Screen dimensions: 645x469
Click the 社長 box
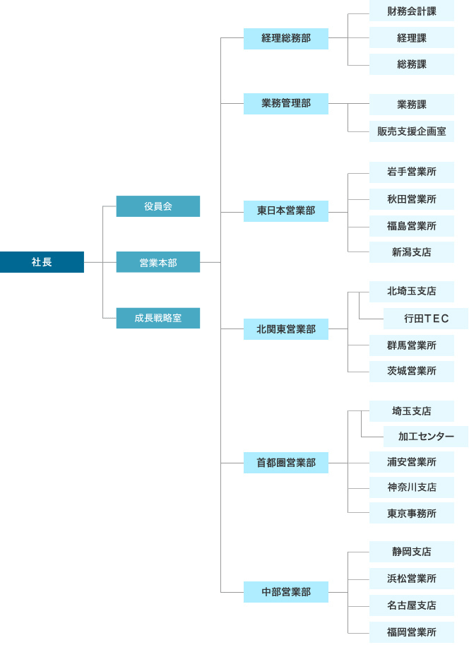pyautogui.click(x=42, y=262)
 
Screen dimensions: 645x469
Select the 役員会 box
pyautogui.click(x=158, y=206)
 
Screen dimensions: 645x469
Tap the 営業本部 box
pyautogui.click(x=158, y=262)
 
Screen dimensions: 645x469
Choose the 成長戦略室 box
pyautogui.click(x=158, y=318)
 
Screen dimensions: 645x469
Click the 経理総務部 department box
pyautogui.click(x=286, y=38)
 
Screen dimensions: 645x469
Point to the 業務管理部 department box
pyautogui.click(x=286, y=103)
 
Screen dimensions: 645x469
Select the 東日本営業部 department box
pyautogui.click(x=286, y=211)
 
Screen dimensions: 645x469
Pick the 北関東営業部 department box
pyautogui.click(x=286, y=329)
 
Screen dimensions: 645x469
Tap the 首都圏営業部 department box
pyautogui.click(x=286, y=463)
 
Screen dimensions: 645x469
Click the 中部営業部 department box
pyautogui.click(x=286, y=591)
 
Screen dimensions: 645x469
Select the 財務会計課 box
pyautogui.click(x=412, y=11)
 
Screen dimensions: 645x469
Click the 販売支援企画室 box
pyautogui.click(x=412, y=131)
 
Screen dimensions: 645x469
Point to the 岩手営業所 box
pyautogui.click(x=412, y=172)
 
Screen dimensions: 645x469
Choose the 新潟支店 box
pyautogui.click(x=412, y=252)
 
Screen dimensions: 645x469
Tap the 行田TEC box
pyautogui.click(x=426, y=318)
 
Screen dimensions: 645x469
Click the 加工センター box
pyautogui.click(x=426, y=436)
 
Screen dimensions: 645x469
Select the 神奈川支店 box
pyautogui.click(x=412, y=487)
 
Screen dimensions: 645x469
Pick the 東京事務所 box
pyautogui.click(x=412, y=514)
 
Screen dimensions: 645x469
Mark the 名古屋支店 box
pyautogui.click(x=412, y=605)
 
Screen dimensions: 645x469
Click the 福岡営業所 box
pyautogui.click(x=412, y=632)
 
